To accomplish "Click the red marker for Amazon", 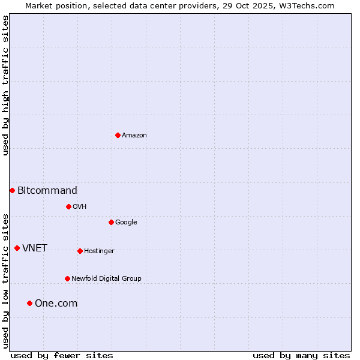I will [118, 135].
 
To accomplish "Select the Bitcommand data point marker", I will [12, 190].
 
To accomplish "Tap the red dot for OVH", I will [68, 206].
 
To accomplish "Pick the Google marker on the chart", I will [111, 222].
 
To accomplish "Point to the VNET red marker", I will [17, 248].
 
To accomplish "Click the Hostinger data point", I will [80, 251].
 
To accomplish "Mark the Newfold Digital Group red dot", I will [67, 278].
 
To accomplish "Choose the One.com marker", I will [29, 303].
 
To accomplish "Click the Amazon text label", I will [134, 136].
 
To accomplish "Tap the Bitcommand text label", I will [47, 191].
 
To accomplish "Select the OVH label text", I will [80, 207].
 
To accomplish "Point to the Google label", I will [126, 223].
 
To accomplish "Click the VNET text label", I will [35, 248].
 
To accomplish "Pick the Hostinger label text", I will [99, 251].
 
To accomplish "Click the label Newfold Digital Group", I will [106, 279].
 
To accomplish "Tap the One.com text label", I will [56, 304].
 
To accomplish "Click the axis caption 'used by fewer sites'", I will [62, 355].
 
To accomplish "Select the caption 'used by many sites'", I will [301, 355].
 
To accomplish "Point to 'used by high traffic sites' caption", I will [5, 85].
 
